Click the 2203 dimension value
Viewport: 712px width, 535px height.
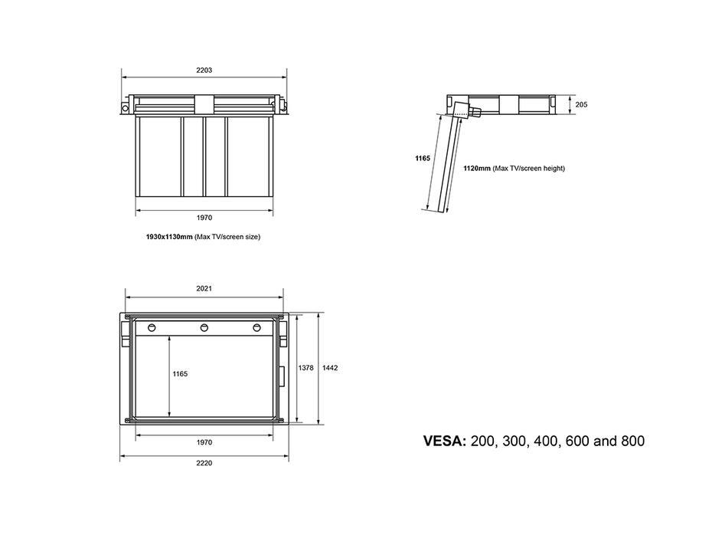click(204, 70)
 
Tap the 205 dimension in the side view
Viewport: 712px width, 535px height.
click(581, 104)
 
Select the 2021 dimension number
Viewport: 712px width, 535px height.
click(204, 288)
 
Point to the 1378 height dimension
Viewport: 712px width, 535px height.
click(305, 368)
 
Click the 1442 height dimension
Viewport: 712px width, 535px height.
click(330, 368)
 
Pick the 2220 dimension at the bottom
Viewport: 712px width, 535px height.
click(204, 463)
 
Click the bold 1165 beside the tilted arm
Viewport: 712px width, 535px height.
click(423, 158)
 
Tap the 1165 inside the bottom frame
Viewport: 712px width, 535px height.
click(180, 373)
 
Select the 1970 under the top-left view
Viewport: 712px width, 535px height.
click(204, 218)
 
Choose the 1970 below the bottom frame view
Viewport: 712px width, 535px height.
click(204, 442)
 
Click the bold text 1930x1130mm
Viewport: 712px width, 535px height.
click(169, 237)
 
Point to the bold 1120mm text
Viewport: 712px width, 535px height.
click(477, 168)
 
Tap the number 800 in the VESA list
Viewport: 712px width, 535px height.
click(632, 441)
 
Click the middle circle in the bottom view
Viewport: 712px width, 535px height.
click(204, 327)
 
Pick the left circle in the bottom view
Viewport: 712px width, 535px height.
click(152, 327)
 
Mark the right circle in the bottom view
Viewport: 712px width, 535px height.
click(257, 327)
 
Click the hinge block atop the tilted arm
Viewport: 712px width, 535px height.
click(462, 110)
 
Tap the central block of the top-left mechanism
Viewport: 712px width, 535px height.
click(204, 106)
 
